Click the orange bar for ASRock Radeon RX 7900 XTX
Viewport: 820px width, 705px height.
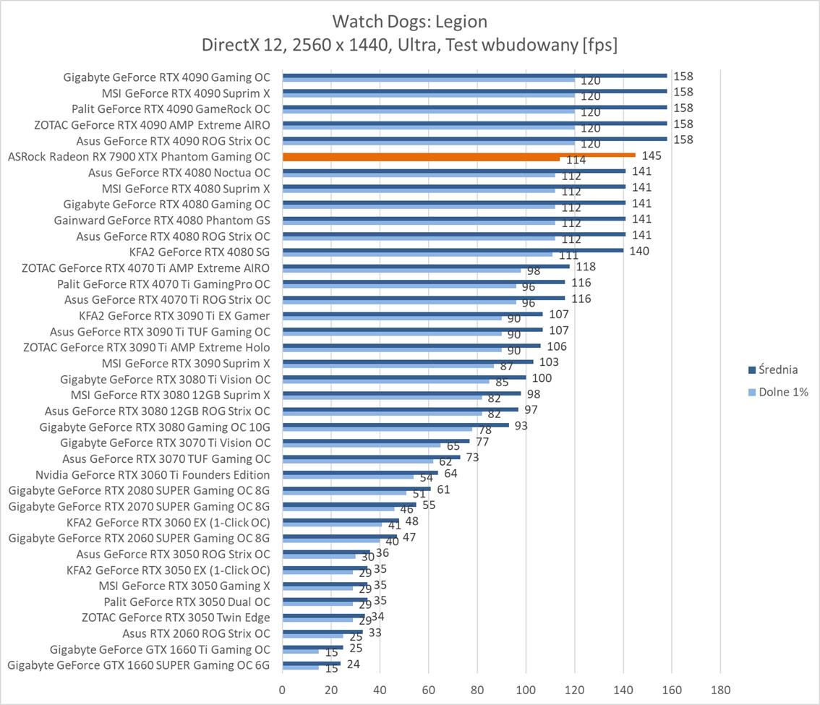click(458, 155)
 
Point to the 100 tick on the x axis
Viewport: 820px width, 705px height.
click(526, 689)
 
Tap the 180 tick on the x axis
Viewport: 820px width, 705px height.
click(721, 689)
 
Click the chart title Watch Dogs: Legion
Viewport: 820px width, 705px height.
click(409, 20)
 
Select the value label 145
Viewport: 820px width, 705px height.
click(652, 155)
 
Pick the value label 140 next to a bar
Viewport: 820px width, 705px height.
click(639, 251)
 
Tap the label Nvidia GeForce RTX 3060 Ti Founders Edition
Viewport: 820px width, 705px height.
click(153, 474)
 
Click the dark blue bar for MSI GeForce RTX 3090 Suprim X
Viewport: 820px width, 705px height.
click(408, 362)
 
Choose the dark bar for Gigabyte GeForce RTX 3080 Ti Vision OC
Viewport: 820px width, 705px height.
click(404, 377)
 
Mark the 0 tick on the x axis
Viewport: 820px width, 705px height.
click(282, 689)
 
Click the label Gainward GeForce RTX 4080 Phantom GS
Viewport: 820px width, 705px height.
click(162, 220)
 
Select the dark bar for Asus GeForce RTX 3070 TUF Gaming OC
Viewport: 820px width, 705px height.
click(371, 457)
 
